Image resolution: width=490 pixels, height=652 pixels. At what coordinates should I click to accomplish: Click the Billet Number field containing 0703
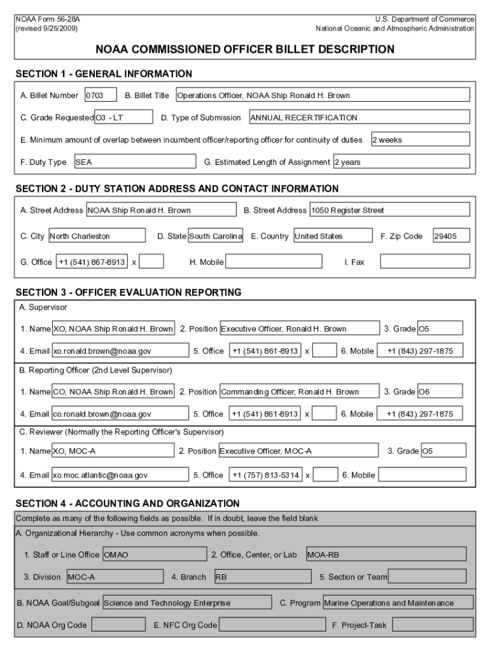101,96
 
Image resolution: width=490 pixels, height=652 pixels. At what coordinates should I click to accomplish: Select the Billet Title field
322,96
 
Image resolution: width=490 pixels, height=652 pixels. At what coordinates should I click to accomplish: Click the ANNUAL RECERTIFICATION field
359,117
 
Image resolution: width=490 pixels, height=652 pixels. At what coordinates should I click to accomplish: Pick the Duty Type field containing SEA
135,162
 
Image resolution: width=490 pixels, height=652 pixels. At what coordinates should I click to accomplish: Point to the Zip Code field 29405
451,236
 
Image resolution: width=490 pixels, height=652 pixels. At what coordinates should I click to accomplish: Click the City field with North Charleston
97,236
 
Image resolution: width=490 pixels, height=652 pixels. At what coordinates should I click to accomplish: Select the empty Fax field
425,262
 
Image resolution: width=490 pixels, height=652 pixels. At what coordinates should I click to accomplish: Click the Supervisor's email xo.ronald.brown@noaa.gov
120,351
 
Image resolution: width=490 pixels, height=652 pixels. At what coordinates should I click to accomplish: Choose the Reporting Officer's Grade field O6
440,392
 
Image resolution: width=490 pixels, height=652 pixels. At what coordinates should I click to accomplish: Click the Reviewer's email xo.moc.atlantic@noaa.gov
120,474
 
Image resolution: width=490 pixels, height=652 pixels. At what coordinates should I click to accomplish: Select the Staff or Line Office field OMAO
154,555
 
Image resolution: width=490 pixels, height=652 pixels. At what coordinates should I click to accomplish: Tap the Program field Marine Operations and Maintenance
398,602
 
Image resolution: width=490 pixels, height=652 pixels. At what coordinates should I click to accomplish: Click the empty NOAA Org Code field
117,625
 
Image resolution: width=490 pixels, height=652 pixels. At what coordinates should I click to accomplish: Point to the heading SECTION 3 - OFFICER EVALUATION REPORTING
129,293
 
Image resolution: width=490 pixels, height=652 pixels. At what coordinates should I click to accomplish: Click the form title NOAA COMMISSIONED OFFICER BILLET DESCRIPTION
245,49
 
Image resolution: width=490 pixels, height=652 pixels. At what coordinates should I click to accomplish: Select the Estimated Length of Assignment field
401,162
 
